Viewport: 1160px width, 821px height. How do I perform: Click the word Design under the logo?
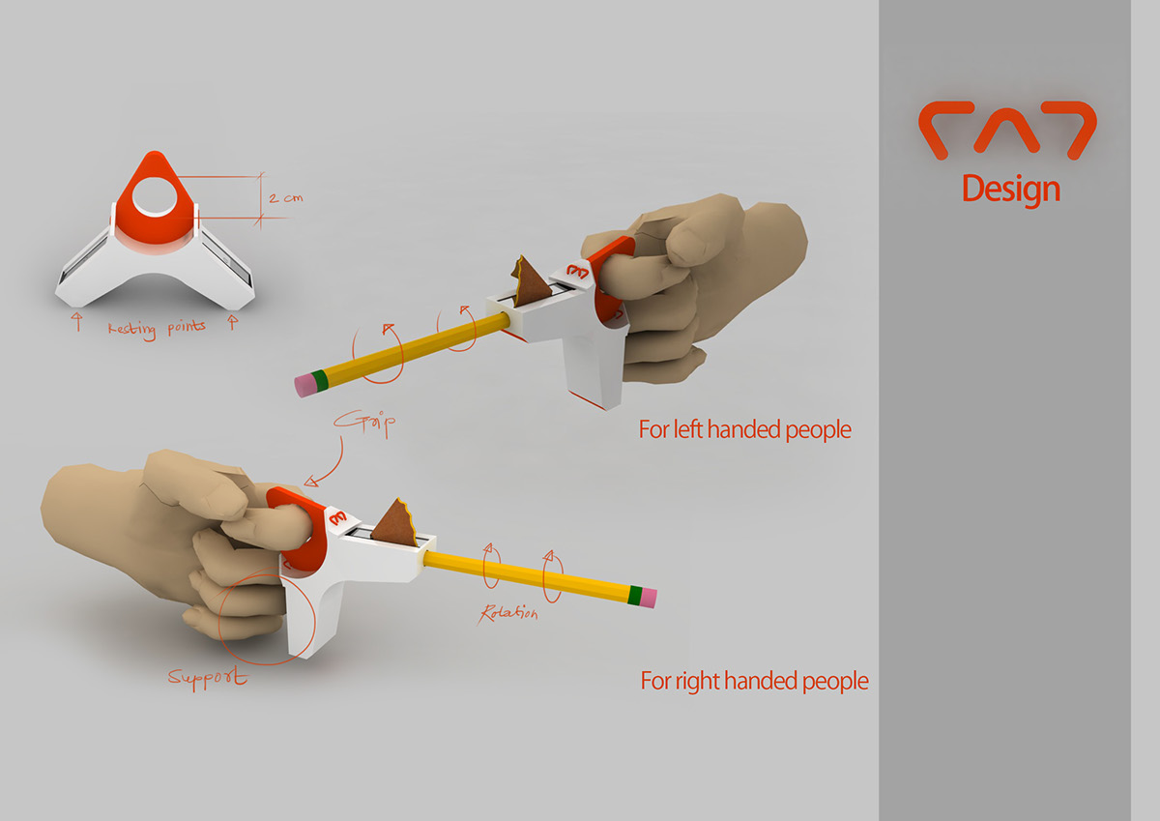(x=1011, y=190)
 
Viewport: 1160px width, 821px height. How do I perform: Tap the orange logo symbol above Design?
(x=1007, y=130)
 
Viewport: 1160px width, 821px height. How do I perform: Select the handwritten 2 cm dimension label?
(x=285, y=197)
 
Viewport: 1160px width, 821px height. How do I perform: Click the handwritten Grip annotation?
(x=365, y=424)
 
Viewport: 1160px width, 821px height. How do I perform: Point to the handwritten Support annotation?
(x=208, y=678)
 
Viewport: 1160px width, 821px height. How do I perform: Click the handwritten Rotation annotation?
(x=508, y=613)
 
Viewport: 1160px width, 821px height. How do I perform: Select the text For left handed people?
(x=744, y=430)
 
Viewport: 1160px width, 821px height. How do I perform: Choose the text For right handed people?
(x=755, y=681)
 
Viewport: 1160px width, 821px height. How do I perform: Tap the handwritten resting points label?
(x=157, y=329)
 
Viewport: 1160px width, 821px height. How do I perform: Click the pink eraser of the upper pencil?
(x=304, y=384)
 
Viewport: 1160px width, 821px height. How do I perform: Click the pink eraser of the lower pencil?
(x=649, y=599)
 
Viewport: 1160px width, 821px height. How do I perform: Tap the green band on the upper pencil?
(x=320, y=380)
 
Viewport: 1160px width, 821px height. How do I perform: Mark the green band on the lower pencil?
(x=635, y=595)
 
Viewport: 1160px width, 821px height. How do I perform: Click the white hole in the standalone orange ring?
(x=155, y=197)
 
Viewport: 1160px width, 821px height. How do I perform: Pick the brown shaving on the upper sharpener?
(x=530, y=280)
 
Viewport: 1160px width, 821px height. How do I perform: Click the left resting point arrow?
(x=77, y=321)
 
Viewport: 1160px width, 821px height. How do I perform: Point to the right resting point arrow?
(x=233, y=321)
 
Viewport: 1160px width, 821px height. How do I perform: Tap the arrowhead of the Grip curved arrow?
(x=310, y=482)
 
